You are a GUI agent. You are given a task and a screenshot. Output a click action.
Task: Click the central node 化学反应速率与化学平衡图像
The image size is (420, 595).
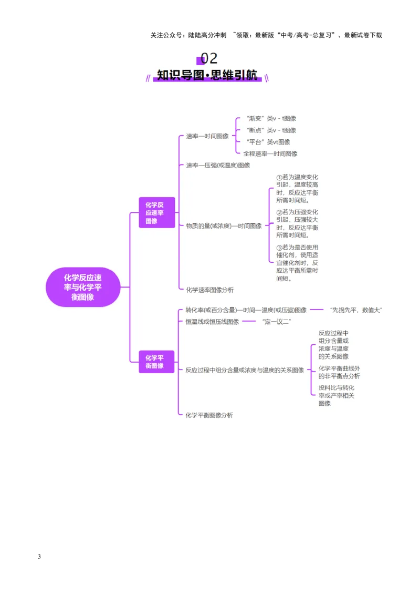click(x=83, y=287)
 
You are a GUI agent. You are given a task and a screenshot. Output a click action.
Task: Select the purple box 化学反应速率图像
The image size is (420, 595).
click(x=157, y=212)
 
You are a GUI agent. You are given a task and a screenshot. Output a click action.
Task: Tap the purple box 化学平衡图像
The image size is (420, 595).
click(x=156, y=362)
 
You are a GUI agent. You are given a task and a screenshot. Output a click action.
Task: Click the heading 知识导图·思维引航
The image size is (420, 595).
click(x=207, y=75)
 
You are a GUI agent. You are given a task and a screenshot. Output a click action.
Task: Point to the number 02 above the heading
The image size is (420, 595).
click(x=209, y=58)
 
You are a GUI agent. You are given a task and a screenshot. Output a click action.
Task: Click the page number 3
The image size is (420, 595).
click(x=39, y=556)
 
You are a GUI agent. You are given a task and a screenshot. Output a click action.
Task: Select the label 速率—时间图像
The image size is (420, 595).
click(x=207, y=136)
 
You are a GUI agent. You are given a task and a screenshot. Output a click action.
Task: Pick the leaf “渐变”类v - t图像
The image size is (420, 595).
click(x=271, y=118)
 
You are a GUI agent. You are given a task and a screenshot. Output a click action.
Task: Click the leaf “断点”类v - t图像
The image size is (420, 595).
click(x=271, y=130)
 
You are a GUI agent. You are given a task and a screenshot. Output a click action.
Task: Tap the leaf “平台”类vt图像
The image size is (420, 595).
click(x=268, y=142)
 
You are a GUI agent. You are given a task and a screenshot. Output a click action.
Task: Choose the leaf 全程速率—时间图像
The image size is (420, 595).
click(x=270, y=153)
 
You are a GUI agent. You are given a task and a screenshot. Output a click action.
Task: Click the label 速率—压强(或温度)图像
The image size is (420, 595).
click(x=218, y=165)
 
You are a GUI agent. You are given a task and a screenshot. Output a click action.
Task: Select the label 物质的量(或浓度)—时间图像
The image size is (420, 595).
click(x=224, y=226)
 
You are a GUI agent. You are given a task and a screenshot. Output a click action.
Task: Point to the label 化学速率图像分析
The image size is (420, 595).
click(x=209, y=290)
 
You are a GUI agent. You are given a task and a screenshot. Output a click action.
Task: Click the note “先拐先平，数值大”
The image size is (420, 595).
click(x=356, y=310)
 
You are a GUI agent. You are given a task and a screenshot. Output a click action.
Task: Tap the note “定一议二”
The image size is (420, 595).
click(x=277, y=322)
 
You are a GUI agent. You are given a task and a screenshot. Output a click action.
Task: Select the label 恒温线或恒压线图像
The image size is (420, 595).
click(x=212, y=322)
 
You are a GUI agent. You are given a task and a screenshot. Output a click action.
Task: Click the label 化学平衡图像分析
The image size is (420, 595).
click(x=209, y=415)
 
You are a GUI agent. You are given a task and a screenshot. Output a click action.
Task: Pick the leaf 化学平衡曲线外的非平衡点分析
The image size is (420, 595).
click(x=339, y=372)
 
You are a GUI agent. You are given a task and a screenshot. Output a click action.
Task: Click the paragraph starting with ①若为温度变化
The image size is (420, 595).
click(x=297, y=189)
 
